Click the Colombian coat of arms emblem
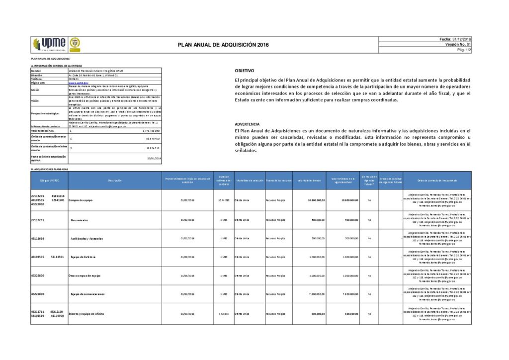click(74, 44)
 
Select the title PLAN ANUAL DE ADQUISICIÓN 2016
click(223, 45)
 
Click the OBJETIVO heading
click(244, 71)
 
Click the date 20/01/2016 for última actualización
click(155, 159)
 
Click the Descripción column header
click(114, 180)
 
